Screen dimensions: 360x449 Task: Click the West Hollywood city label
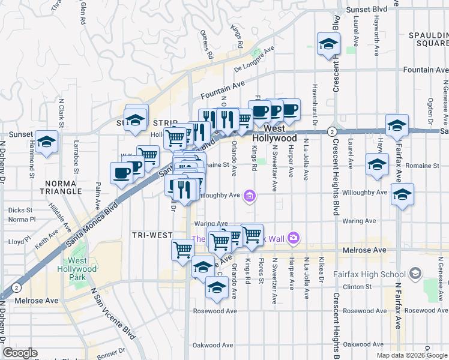point(280,133)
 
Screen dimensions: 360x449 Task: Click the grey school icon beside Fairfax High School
point(415,274)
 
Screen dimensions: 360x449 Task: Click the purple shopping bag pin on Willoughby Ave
point(250,194)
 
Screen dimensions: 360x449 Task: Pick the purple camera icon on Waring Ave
point(293,238)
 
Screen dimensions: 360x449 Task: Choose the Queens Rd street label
point(208,44)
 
